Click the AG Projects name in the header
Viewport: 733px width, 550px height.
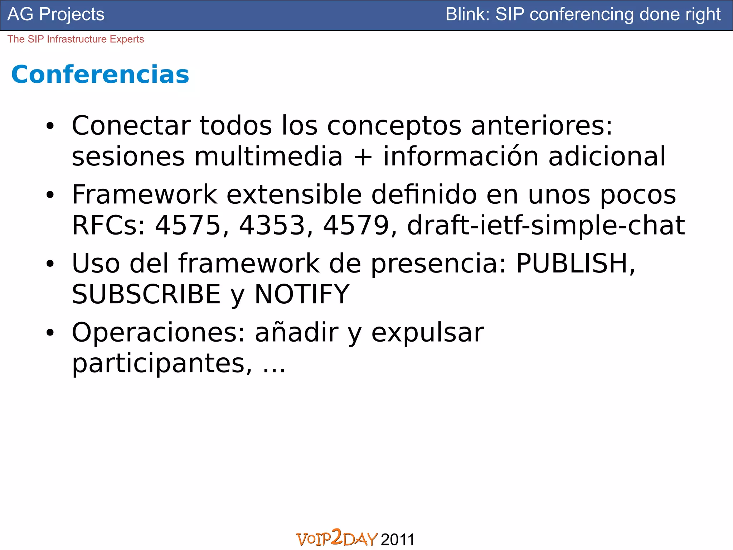click(x=56, y=15)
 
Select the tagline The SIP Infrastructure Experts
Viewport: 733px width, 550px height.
click(x=76, y=39)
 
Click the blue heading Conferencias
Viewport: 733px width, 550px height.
click(x=100, y=75)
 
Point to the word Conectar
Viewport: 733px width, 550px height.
click(x=131, y=126)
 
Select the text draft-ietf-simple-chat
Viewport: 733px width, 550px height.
click(x=546, y=225)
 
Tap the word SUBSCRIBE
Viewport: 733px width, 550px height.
click(x=146, y=294)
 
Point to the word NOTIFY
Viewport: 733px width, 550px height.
click(x=302, y=294)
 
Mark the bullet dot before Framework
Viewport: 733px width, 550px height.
click(x=50, y=195)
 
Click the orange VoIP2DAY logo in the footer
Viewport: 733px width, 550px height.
click(x=337, y=538)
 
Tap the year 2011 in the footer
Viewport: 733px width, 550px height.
click(x=398, y=539)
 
